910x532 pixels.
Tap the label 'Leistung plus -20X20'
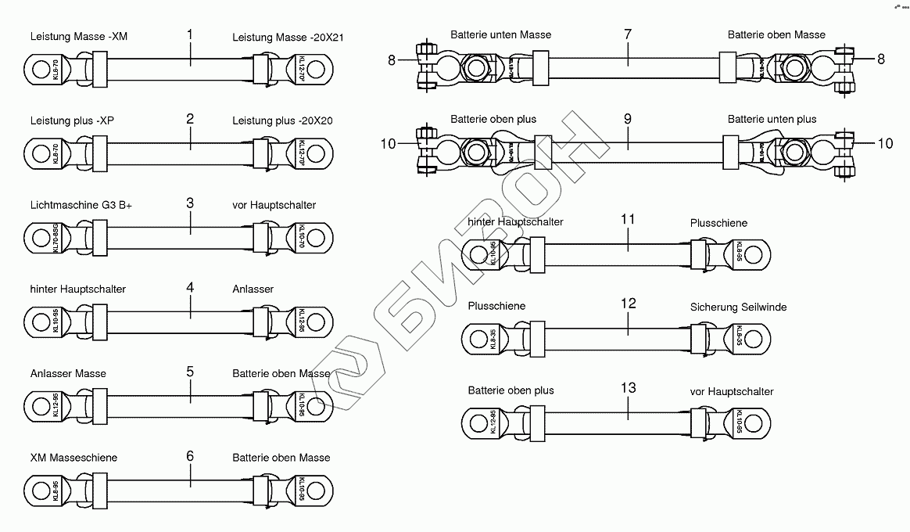coord(282,120)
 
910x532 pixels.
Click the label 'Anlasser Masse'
coord(68,373)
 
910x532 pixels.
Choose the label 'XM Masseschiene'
coord(73,457)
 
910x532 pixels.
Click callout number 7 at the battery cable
coord(628,34)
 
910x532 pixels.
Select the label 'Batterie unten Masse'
coord(500,34)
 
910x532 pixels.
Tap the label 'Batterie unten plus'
coord(772,119)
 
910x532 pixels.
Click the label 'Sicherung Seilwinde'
coord(738,307)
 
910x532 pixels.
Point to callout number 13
coord(628,388)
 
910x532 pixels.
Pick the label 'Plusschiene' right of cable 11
coord(718,223)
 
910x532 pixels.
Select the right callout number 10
coord(885,143)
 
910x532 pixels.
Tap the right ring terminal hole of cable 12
coord(754,339)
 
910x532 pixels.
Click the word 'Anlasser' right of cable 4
coord(253,289)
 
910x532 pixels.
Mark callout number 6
coord(190,456)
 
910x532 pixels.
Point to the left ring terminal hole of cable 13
coord(477,423)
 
